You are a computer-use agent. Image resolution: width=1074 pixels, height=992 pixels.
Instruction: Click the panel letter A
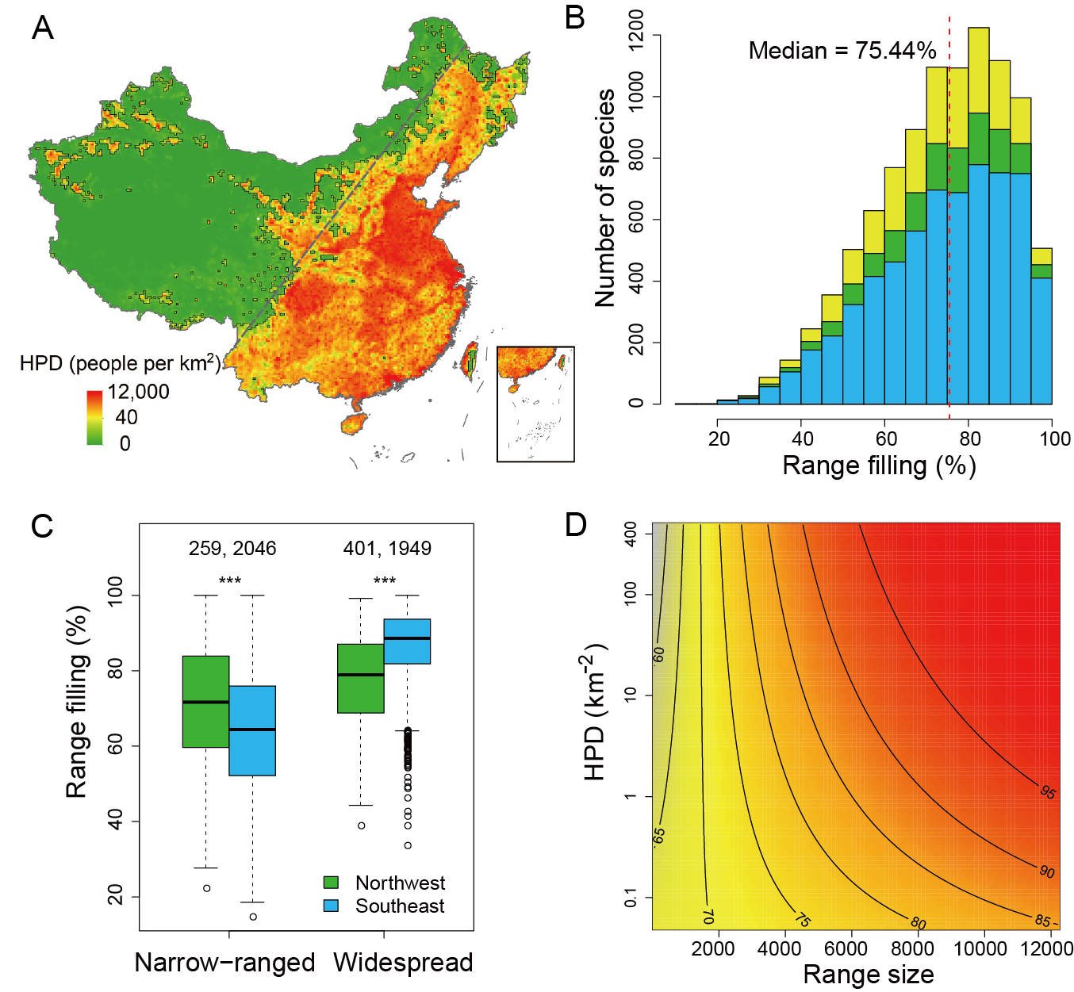click(x=43, y=29)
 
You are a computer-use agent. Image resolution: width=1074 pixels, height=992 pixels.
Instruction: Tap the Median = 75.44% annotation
click(x=842, y=52)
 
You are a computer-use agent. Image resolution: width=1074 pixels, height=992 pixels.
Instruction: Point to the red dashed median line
click(x=949, y=238)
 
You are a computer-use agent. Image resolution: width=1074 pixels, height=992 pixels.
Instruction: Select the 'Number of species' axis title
click(x=605, y=197)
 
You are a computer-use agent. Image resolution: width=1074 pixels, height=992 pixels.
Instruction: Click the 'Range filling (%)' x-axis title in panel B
click(x=879, y=465)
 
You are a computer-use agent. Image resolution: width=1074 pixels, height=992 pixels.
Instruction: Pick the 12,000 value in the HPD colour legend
click(x=139, y=392)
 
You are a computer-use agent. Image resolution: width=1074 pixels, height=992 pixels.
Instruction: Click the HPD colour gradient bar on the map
click(x=94, y=417)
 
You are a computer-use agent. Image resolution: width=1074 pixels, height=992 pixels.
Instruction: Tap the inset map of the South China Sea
click(x=535, y=404)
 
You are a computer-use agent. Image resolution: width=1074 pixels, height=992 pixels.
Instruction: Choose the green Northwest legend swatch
click(x=332, y=883)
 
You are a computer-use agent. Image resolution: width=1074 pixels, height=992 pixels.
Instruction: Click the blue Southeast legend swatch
click(x=332, y=906)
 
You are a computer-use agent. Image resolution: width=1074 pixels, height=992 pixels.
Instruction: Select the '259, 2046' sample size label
click(x=232, y=549)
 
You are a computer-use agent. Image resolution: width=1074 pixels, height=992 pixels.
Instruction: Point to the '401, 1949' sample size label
click(x=387, y=549)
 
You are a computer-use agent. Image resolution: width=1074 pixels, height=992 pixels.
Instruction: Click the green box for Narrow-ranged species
click(x=206, y=702)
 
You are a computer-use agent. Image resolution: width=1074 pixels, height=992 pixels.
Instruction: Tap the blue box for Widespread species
click(x=407, y=642)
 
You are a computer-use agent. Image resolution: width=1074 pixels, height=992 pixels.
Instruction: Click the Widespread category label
click(x=403, y=963)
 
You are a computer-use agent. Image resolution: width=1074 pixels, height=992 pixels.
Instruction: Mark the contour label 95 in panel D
click(x=1048, y=792)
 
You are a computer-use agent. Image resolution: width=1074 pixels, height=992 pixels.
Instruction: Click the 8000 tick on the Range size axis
click(x=912, y=949)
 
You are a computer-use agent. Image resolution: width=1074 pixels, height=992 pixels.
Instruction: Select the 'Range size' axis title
click(x=869, y=975)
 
